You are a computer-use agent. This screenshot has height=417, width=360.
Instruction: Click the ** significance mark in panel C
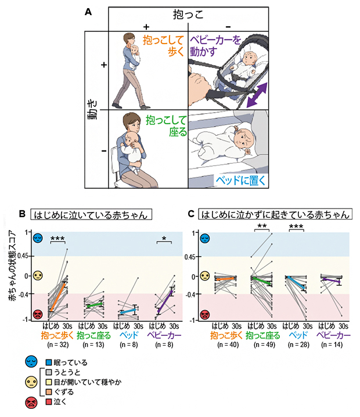pos(262,225)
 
